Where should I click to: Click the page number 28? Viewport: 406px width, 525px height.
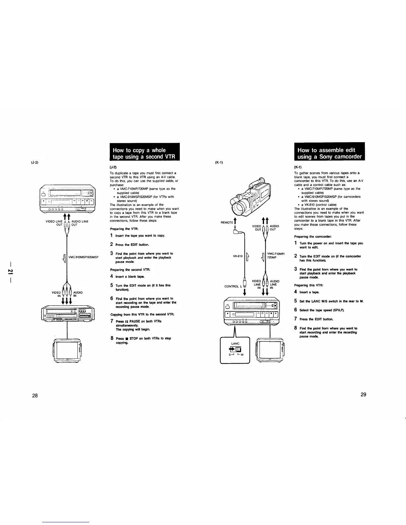pyautogui.click(x=35, y=395)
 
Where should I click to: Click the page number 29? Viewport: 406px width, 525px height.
pyautogui.click(x=363, y=394)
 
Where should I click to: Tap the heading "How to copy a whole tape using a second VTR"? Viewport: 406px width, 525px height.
pyautogui.click(x=144, y=153)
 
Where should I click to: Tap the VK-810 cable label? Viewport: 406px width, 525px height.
pyautogui.click(x=238, y=256)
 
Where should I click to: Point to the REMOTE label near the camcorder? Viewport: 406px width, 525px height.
pyautogui.click(x=227, y=222)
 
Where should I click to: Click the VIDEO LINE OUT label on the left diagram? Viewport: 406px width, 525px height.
pyautogui.click(x=54, y=223)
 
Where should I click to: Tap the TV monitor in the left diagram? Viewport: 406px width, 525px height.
pyautogui.click(x=67, y=351)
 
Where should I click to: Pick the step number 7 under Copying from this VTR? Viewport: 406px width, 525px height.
pyautogui.click(x=112, y=321)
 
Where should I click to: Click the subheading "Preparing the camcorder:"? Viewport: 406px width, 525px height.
pyautogui.click(x=311, y=237)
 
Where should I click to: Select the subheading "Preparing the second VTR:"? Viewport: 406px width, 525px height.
pyautogui.click(x=125, y=269)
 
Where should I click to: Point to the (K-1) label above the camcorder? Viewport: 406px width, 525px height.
pyautogui.click(x=219, y=162)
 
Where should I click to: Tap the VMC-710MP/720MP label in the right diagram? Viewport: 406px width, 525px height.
pyautogui.click(x=276, y=256)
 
